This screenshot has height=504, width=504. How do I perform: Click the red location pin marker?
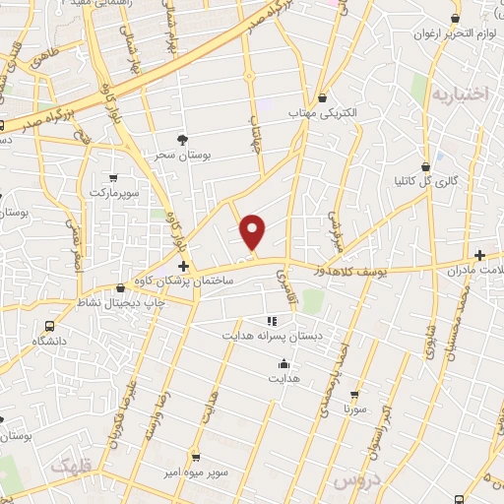click(254, 230)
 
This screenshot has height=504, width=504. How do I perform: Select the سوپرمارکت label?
click(115, 191)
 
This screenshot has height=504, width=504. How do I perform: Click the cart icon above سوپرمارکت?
click(114, 177)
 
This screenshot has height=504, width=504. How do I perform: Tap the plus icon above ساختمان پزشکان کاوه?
click(183, 266)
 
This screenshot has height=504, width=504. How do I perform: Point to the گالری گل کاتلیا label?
click(424, 181)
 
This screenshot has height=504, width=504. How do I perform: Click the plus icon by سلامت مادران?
click(479, 254)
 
